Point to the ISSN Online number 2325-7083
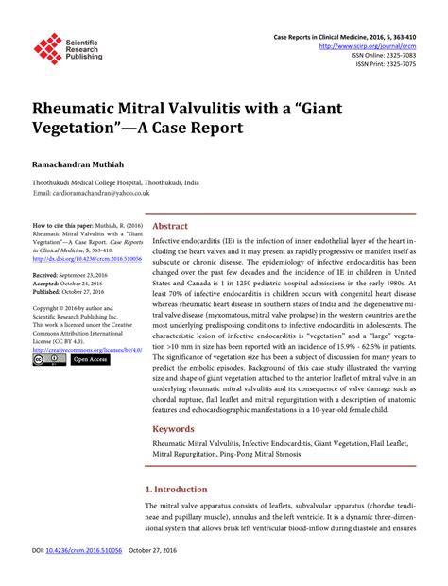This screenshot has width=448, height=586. click(x=397, y=55)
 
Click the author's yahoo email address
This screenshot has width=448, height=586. click(x=103, y=193)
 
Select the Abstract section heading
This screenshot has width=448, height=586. click(x=170, y=227)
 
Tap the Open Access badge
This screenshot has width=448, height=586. click(x=91, y=360)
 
